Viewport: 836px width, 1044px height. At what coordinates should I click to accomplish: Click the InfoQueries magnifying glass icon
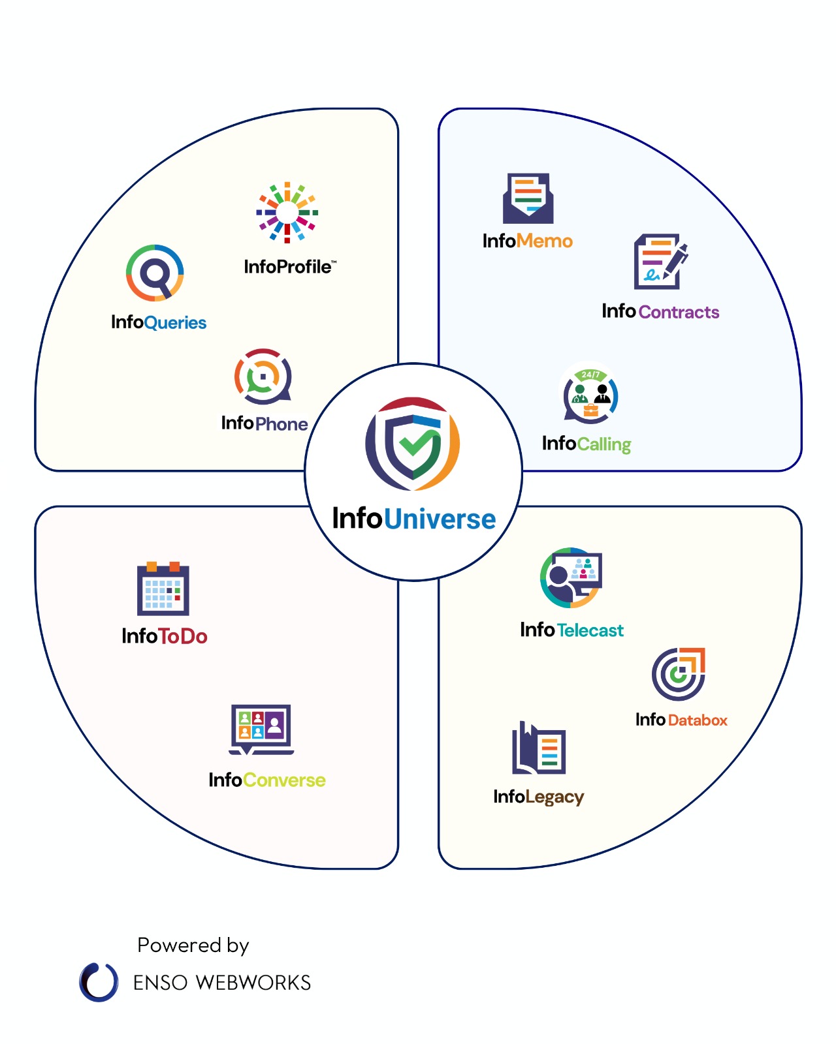[x=155, y=273]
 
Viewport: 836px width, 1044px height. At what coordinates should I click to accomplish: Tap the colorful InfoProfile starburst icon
[x=287, y=212]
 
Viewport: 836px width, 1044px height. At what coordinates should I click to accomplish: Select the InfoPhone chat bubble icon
[x=263, y=376]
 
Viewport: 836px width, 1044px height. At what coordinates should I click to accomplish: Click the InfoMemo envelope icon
[x=528, y=198]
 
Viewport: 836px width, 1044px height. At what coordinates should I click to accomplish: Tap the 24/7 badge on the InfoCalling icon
[x=590, y=375]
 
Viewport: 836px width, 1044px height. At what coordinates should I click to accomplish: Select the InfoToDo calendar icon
[x=163, y=588]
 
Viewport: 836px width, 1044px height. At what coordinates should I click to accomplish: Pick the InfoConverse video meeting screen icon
[x=261, y=729]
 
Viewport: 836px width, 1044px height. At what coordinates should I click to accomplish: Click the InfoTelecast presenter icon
[x=571, y=577]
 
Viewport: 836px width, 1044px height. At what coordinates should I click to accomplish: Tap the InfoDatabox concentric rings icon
[x=678, y=674]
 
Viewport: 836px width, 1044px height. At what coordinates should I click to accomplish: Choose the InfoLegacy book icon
[x=538, y=747]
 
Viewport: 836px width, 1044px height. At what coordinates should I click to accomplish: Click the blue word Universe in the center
[x=440, y=519]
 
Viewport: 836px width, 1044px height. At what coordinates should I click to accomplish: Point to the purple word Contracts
[x=679, y=312]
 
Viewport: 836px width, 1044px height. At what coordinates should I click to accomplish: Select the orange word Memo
[x=544, y=241]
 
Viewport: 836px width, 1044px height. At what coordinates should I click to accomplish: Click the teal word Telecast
[x=590, y=630]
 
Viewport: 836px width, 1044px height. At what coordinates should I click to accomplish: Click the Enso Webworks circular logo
[x=99, y=982]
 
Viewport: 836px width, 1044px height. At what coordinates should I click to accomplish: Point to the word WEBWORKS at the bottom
[x=253, y=983]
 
